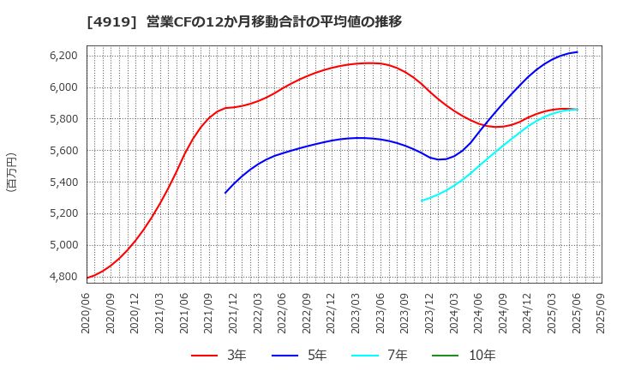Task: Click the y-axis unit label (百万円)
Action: pos(11,171)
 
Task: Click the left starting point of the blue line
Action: pos(225,193)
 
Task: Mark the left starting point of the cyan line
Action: pos(422,200)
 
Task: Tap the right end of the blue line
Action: pos(577,52)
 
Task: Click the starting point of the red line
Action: pos(87,278)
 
